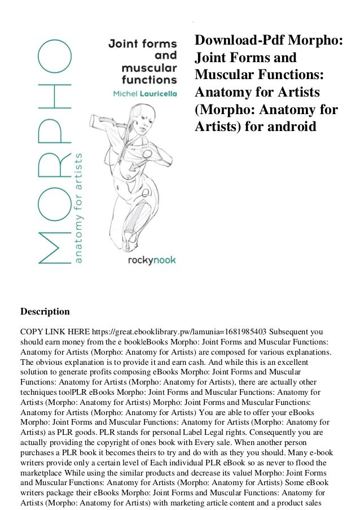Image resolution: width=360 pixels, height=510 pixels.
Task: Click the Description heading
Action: click(45, 311)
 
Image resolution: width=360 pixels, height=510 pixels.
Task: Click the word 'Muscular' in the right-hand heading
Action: click(222, 76)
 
